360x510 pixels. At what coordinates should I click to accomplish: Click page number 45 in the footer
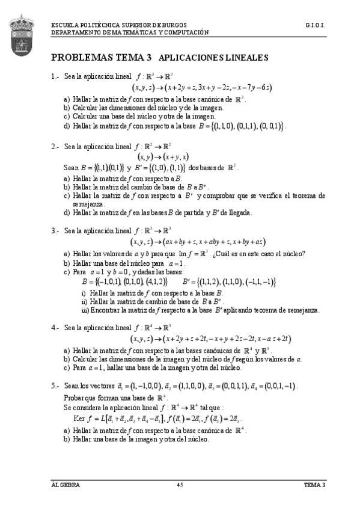180,485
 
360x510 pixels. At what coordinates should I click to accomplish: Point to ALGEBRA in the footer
66,485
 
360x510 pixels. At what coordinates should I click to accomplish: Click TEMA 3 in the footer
314,485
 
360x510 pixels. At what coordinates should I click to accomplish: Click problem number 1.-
55,76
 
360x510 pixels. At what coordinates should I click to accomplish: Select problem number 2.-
55,146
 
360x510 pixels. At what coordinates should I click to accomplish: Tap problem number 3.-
55,230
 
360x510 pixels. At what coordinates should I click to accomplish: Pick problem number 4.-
55,328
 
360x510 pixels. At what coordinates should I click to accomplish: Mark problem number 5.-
55,386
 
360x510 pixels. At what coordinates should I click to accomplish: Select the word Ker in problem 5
79,418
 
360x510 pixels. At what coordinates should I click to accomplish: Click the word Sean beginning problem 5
71,386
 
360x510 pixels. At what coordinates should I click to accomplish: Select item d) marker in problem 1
67,126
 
